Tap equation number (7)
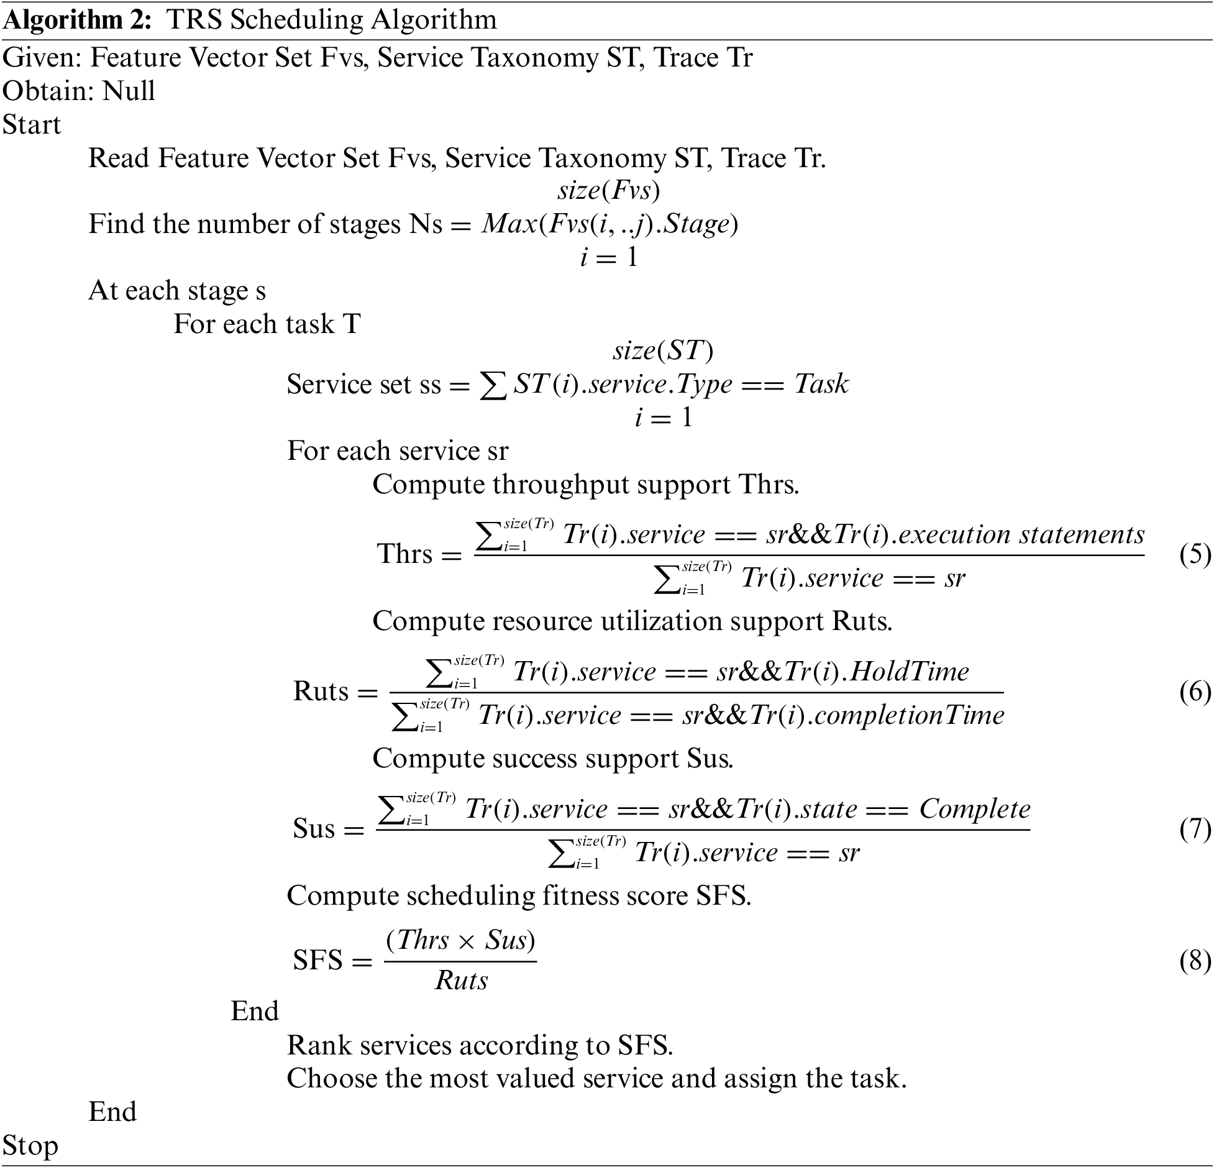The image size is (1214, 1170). pyautogui.click(x=1195, y=830)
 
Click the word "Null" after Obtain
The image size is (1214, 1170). pyautogui.click(x=129, y=91)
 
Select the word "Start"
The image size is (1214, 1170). pyautogui.click(x=32, y=124)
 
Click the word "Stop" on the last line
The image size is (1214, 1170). pyautogui.click(x=30, y=1145)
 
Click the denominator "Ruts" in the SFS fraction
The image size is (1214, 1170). pyautogui.click(x=461, y=980)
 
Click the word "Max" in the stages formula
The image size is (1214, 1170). pyautogui.click(x=509, y=224)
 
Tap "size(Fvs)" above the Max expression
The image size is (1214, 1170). pyautogui.click(x=608, y=190)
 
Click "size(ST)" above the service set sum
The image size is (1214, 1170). pyautogui.click(x=663, y=351)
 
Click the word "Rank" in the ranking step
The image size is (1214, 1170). pyautogui.click(x=318, y=1046)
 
